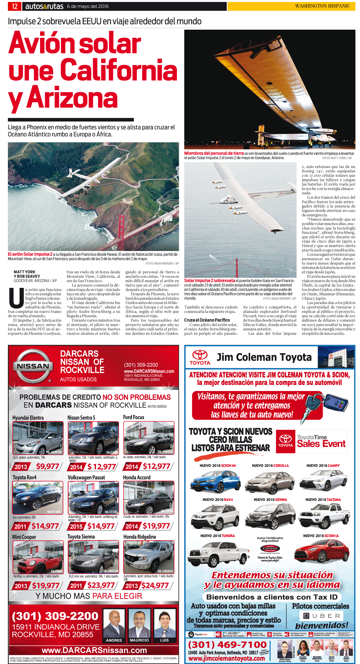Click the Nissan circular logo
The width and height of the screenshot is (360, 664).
point(33,366)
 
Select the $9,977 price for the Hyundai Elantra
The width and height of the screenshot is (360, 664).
point(47,466)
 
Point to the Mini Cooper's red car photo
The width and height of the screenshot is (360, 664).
point(38,557)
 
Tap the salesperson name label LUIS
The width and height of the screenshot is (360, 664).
point(164,640)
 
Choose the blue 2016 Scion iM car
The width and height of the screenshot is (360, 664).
point(216,481)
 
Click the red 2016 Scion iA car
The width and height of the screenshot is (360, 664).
point(322,552)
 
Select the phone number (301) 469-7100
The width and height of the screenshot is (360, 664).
point(227,645)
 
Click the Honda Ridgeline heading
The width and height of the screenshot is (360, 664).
point(139,537)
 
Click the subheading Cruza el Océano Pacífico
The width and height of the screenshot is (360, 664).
point(207,320)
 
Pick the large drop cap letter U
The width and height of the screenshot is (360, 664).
point(16,298)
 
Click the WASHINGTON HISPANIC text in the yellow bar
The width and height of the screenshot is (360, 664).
point(322,6)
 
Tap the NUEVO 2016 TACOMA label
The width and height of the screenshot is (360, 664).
point(323,500)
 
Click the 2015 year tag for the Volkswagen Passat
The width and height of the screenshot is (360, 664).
point(76,526)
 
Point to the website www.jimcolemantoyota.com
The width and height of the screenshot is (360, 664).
point(227,658)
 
